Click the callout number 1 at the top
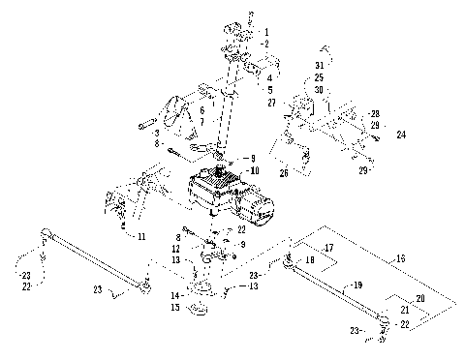tap(267, 33)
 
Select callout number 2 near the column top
tap(267, 44)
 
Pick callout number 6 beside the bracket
tap(201, 110)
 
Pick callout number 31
tap(319, 65)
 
